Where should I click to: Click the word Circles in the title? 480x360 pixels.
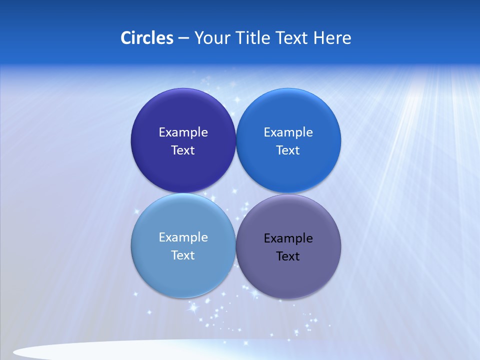pos(147,38)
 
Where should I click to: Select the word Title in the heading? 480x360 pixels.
pos(254,38)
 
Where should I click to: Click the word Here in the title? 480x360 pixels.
pos(332,38)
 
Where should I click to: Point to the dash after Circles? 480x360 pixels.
pos(183,38)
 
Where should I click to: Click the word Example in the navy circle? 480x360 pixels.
pos(183,132)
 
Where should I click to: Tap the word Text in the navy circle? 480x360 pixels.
pos(183,150)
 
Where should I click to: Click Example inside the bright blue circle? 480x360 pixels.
pos(288,132)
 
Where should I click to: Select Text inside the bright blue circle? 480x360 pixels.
pos(288,150)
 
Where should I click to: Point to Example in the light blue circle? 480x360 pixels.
pos(183,237)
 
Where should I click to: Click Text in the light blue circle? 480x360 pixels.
pos(183,255)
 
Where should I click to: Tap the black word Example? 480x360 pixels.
pos(288,238)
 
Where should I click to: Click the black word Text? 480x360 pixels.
pos(288,256)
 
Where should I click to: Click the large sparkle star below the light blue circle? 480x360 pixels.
pos(192,308)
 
